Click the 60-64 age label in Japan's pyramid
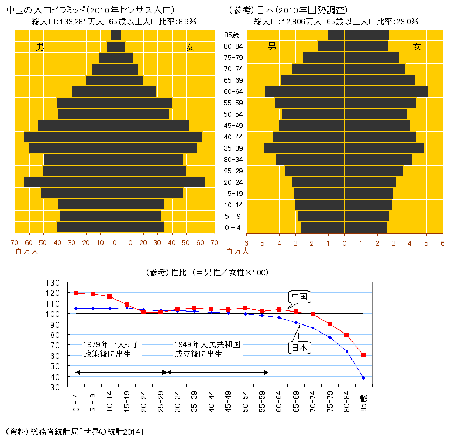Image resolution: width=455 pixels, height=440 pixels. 233,91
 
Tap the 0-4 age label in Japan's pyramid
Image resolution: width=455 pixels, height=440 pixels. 233,227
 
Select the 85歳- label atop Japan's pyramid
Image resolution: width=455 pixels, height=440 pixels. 233,35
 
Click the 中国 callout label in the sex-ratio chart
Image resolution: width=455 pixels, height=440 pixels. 300,297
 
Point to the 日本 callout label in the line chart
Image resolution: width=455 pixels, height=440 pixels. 300,348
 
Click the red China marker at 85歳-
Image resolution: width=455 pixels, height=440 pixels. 363,355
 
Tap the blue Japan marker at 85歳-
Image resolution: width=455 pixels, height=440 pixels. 363,378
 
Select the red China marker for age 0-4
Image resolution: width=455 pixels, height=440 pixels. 76,293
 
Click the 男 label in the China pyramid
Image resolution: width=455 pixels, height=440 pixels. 40,47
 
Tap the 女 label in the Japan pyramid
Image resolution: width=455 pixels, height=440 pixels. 417,47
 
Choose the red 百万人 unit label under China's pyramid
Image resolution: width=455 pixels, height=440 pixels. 26,251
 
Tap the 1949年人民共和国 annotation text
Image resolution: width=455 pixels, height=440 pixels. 206,344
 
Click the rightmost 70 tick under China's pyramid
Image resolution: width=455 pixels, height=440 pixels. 214,243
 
